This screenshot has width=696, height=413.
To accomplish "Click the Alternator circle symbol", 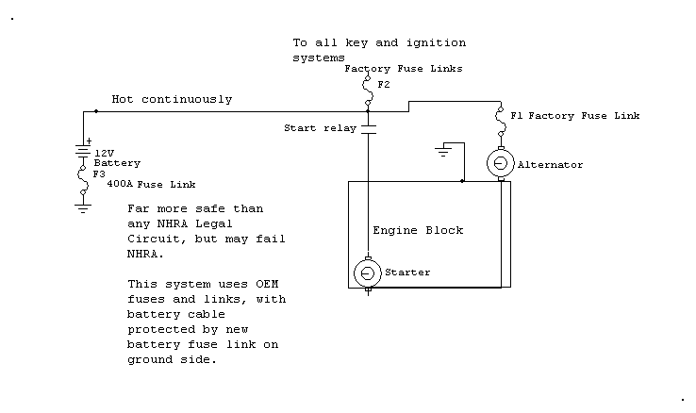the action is pyautogui.click(x=500, y=163).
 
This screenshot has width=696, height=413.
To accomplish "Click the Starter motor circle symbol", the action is pyautogui.click(x=367, y=273).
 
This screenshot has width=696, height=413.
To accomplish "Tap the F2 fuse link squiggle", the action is pyautogui.click(x=368, y=91).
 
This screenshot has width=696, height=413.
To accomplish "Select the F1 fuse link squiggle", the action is pyautogui.click(x=500, y=121).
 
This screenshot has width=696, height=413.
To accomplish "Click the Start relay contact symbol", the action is pyautogui.click(x=368, y=129).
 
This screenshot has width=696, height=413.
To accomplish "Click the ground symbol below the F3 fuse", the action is pyautogui.click(x=83, y=208).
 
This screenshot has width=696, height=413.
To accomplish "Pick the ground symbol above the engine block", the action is pyautogui.click(x=443, y=151).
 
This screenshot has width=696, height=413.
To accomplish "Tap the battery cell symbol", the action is pyautogui.click(x=83, y=151).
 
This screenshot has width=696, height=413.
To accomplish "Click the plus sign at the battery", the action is pyautogui.click(x=89, y=141).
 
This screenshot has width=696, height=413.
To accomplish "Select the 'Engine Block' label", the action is pyautogui.click(x=418, y=230).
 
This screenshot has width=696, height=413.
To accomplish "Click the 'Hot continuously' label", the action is pyautogui.click(x=172, y=99).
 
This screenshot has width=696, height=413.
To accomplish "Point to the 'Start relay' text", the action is pyautogui.click(x=320, y=128).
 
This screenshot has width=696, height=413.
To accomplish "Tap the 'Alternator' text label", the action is pyautogui.click(x=550, y=165).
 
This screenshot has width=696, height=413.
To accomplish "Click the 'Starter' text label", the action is pyautogui.click(x=407, y=273).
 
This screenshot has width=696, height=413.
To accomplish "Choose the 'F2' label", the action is pyautogui.click(x=384, y=85).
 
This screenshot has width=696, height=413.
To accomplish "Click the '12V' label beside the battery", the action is pyautogui.click(x=105, y=154).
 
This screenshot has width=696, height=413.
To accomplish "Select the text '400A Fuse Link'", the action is pyautogui.click(x=151, y=184).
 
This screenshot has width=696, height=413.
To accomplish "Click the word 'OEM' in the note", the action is pyautogui.click(x=267, y=284).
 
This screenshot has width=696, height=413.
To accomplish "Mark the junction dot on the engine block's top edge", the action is pyautogui.click(x=462, y=181).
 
